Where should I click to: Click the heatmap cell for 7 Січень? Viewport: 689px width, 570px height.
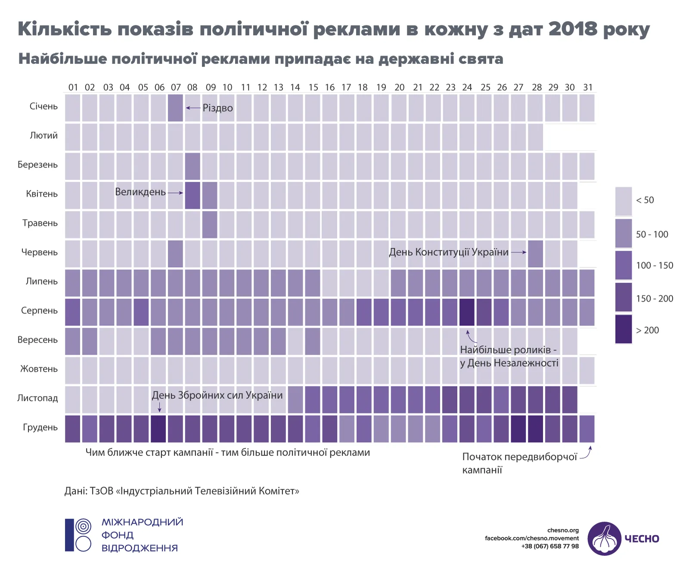tap(175, 108)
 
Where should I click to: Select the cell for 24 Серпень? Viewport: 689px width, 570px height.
tap(467, 312)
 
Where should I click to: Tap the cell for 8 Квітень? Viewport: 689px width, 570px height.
tap(192, 195)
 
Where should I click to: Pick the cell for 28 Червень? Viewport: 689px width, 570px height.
tap(535, 254)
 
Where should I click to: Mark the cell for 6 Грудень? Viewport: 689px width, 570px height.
tap(158, 429)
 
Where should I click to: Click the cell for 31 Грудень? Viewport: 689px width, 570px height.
tap(587, 429)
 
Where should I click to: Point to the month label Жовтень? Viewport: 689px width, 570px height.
tap(39, 369)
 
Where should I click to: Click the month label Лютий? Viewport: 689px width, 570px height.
tap(43, 135)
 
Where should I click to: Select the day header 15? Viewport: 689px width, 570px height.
tap(313, 87)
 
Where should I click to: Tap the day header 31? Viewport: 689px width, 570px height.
tap(588, 87)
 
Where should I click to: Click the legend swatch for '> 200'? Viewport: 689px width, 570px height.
tap(623, 329)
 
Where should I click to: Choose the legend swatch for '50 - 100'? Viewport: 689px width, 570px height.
tap(623, 233)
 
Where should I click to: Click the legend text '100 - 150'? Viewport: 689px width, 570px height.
tap(655, 265)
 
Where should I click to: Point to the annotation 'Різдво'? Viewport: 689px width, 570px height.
tap(217, 108)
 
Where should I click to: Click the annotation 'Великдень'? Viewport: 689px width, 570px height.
tap(140, 192)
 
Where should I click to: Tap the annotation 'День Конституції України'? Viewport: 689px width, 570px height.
tap(449, 252)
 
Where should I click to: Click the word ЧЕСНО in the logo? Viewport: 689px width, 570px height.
tap(642, 539)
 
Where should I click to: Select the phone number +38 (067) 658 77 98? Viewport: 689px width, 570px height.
tap(550, 546)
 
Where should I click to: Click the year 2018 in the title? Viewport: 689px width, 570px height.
tap(573, 29)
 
